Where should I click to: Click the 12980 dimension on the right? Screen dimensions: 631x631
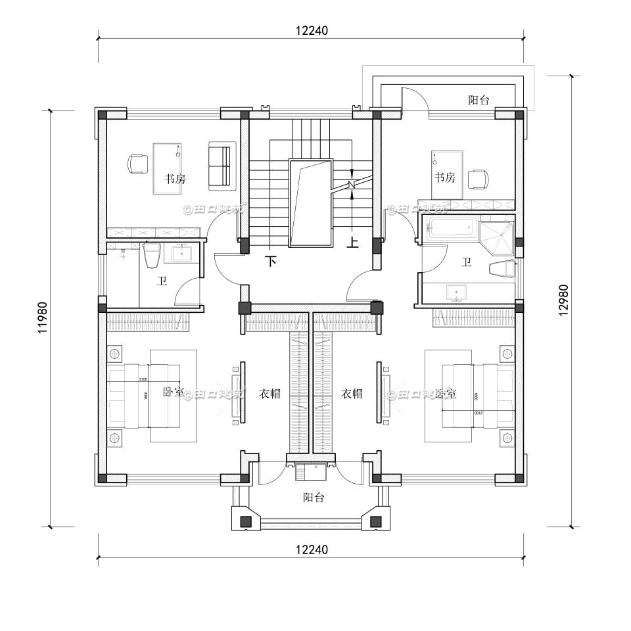[x=564, y=301]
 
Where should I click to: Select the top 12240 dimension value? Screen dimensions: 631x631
[x=312, y=30]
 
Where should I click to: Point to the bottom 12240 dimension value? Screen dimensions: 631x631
[x=312, y=549]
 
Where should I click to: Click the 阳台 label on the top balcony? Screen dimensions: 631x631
[x=479, y=100]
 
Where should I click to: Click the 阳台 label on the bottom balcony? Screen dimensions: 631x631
[x=314, y=498]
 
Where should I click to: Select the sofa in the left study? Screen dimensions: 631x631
[x=220, y=166]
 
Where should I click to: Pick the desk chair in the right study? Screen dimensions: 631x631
[x=478, y=178]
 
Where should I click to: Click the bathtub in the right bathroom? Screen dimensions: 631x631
[x=452, y=229]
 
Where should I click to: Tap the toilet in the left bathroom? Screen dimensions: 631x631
[x=152, y=255]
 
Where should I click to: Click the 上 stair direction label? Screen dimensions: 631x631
[x=352, y=243]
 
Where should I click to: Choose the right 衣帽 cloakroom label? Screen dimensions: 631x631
[x=352, y=394]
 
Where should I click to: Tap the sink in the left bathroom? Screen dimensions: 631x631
[x=181, y=253]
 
